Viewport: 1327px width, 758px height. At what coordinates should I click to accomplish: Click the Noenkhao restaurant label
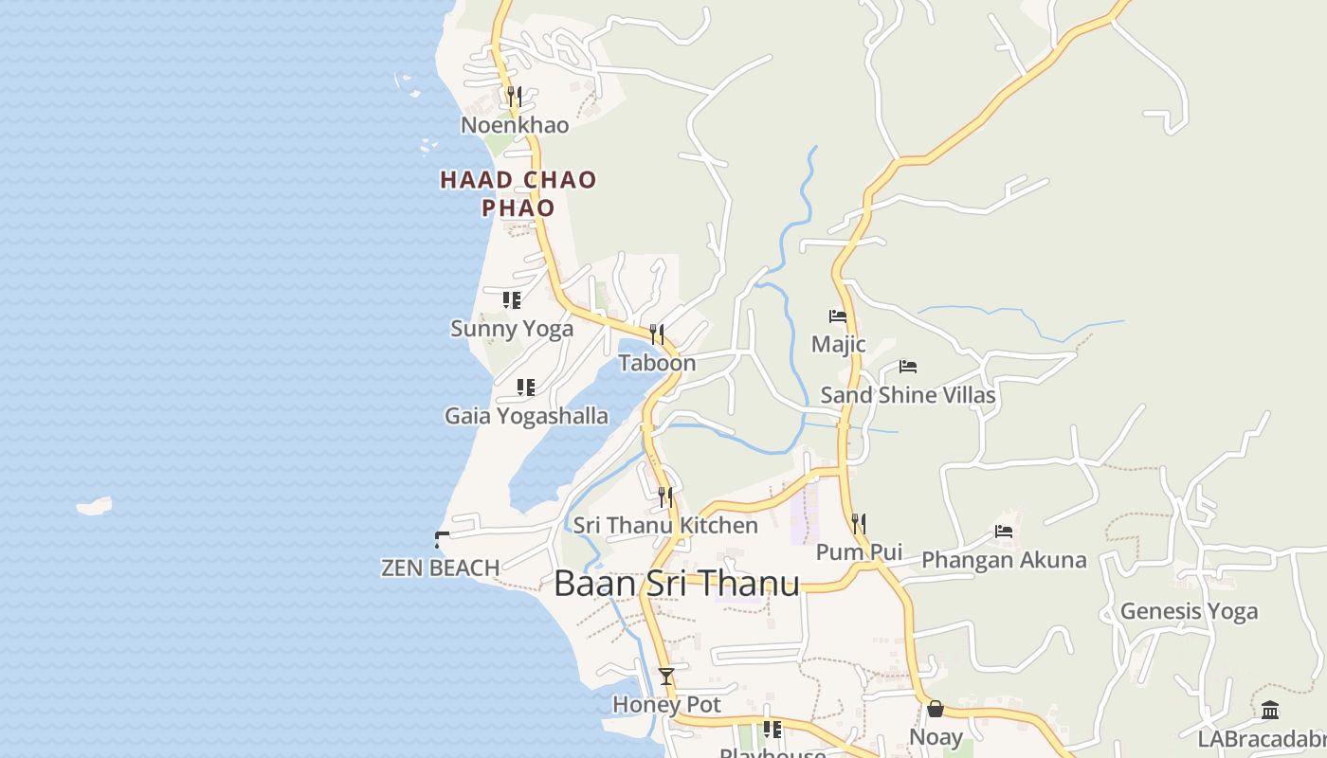pyautogui.click(x=515, y=125)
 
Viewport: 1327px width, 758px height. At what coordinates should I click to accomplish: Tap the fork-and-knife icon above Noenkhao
pyautogui.click(x=514, y=96)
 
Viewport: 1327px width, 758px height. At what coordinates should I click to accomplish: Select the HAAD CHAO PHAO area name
pyautogui.click(x=518, y=192)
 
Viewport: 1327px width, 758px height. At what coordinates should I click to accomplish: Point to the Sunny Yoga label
pyautogui.click(x=512, y=329)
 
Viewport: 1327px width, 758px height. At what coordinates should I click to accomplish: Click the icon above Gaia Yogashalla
pyautogui.click(x=526, y=387)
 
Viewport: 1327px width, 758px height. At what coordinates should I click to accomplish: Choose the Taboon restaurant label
pyautogui.click(x=657, y=363)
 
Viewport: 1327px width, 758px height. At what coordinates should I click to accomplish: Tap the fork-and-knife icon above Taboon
pyautogui.click(x=656, y=334)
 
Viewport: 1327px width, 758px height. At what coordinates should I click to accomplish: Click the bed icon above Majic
pyautogui.click(x=838, y=316)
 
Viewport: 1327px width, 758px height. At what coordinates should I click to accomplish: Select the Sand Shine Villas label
pyautogui.click(x=908, y=395)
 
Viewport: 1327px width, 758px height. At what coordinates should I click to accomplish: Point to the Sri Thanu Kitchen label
pyautogui.click(x=665, y=525)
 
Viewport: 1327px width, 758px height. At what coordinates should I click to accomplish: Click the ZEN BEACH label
pyautogui.click(x=440, y=568)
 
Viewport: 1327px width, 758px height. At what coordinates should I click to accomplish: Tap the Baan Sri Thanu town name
pyautogui.click(x=677, y=584)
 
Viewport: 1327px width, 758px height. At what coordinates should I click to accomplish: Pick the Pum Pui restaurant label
pyautogui.click(x=859, y=552)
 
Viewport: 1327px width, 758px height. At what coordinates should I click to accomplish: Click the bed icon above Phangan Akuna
pyautogui.click(x=1004, y=532)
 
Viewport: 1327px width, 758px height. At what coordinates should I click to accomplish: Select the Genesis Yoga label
pyautogui.click(x=1189, y=611)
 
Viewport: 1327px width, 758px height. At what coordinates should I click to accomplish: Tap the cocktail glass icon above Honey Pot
pyautogui.click(x=666, y=677)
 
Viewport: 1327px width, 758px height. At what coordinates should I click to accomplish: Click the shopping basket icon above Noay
pyautogui.click(x=936, y=709)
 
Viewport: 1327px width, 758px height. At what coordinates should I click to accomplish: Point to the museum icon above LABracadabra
pyautogui.click(x=1270, y=710)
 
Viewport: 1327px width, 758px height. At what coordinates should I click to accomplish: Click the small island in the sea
pyautogui.click(x=94, y=507)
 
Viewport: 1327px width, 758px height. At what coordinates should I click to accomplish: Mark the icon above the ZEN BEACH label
pyautogui.click(x=441, y=540)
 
